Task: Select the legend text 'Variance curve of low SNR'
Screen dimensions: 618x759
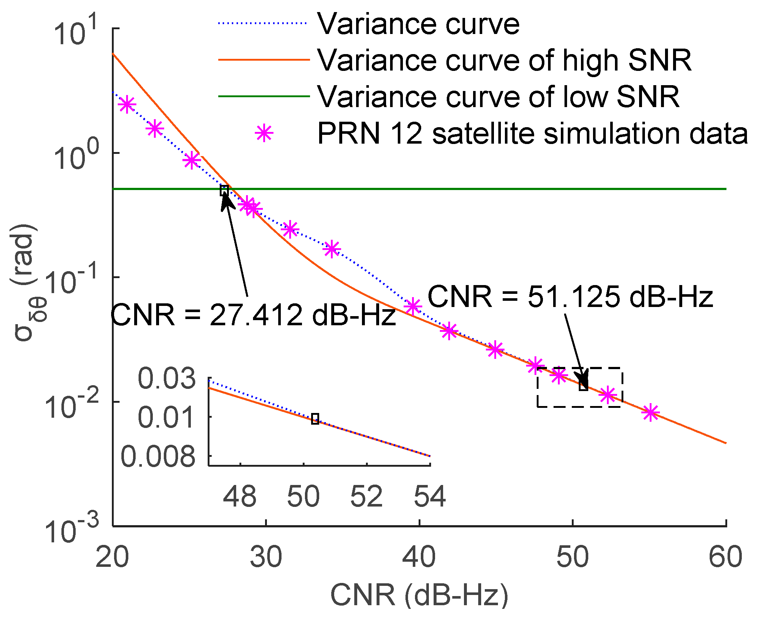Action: tap(498, 96)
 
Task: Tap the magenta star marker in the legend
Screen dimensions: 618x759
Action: tap(264, 133)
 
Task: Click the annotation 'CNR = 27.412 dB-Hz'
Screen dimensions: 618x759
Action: tap(253, 315)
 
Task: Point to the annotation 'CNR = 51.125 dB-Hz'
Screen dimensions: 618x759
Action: tap(570, 296)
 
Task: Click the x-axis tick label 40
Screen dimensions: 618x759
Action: tap(419, 558)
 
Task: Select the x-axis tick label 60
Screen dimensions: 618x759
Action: tap(725, 558)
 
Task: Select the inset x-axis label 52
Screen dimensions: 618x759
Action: tap(366, 496)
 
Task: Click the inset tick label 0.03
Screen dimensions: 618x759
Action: tap(167, 378)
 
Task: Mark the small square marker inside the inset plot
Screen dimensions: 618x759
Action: tap(315, 419)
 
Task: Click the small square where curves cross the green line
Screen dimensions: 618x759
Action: tap(224, 190)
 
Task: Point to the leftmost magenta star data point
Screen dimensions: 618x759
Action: tap(127, 105)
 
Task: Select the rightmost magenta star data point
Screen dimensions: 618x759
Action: tap(651, 413)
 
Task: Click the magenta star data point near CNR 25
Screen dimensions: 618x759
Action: tap(192, 160)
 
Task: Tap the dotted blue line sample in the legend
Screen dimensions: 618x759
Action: tap(262, 23)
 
